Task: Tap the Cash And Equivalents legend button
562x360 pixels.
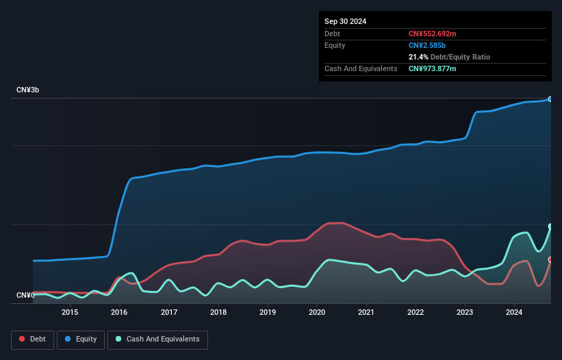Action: click(x=157, y=339)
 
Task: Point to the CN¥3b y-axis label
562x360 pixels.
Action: click(x=28, y=90)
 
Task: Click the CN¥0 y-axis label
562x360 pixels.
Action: click(x=25, y=295)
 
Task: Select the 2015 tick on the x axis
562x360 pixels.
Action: click(x=70, y=313)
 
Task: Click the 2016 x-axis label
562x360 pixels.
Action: click(x=120, y=313)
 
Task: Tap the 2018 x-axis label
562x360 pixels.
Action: click(x=218, y=313)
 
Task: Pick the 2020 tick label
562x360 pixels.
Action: click(x=317, y=313)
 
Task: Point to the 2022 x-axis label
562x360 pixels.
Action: click(x=416, y=313)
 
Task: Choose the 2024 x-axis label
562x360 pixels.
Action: click(x=514, y=313)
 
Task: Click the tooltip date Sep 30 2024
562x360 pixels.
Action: click(x=345, y=21)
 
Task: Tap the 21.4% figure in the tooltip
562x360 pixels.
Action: click(x=419, y=57)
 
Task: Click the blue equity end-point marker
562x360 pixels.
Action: click(x=550, y=99)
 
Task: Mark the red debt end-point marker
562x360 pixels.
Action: click(x=550, y=259)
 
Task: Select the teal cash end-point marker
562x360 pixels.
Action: click(x=550, y=227)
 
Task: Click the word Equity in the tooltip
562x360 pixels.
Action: click(x=335, y=45)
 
